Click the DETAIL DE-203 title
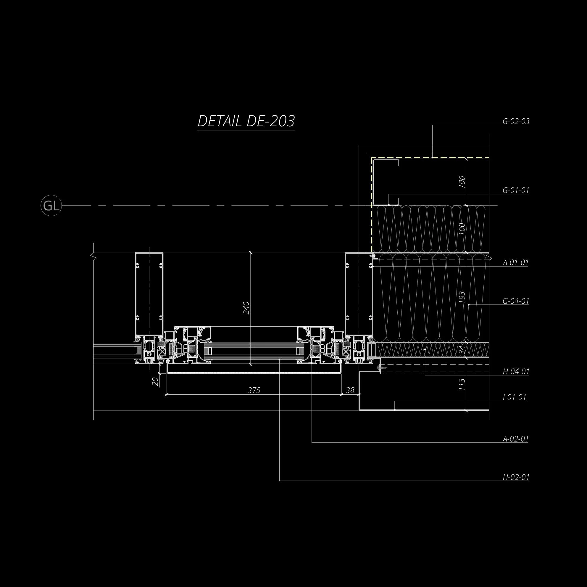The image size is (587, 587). click(246, 121)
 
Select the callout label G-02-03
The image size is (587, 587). click(516, 122)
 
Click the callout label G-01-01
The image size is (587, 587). click(516, 191)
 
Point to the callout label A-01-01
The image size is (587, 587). click(516, 262)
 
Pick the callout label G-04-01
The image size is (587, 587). click(516, 301)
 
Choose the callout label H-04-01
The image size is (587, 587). click(516, 371)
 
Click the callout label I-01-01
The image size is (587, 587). click(514, 397)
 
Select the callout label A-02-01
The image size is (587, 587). click(516, 439)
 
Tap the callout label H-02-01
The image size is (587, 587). click(516, 477)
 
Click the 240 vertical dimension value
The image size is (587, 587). click(246, 308)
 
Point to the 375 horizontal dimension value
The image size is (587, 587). click(254, 390)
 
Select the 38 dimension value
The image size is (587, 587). click(350, 390)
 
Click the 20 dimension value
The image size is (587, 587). click(155, 381)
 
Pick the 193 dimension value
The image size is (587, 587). click(462, 297)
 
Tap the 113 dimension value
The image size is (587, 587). click(462, 384)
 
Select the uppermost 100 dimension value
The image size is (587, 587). click(462, 181)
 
